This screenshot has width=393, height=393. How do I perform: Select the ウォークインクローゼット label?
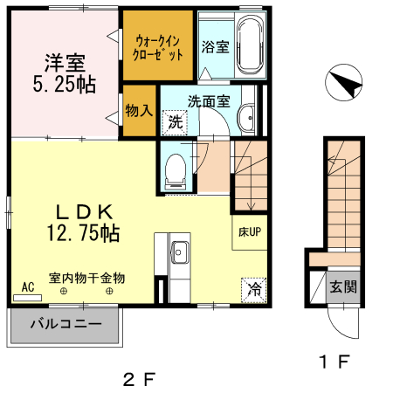[x=158, y=46]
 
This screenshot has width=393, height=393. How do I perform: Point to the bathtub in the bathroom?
[x=249, y=45]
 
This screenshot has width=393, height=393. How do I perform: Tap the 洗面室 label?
[x=212, y=100]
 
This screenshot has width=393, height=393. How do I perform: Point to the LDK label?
[x=84, y=210]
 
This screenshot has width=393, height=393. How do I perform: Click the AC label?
[x=27, y=286]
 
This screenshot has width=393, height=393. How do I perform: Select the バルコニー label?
[x=66, y=323]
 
